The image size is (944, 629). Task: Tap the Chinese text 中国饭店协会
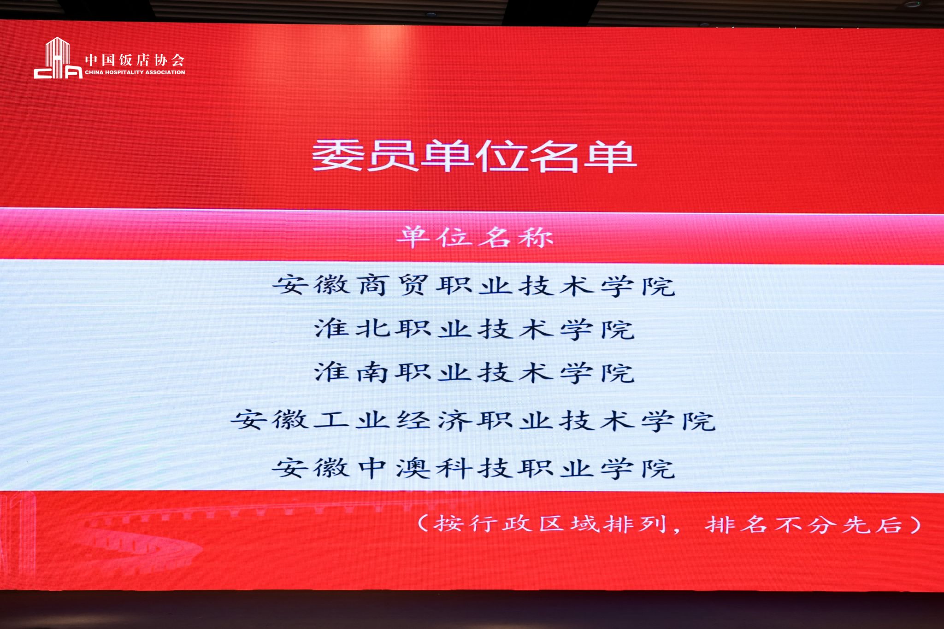[x=135, y=60]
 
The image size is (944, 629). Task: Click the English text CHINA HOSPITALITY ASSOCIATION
[x=135, y=72]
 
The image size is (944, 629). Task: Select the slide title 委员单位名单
[x=474, y=156]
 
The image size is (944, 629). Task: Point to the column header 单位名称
[x=475, y=237]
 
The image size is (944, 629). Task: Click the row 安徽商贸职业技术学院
[x=473, y=285]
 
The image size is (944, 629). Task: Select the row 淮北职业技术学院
[x=475, y=329]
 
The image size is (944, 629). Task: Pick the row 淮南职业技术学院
[x=475, y=372]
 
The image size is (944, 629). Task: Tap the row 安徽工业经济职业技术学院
[x=473, y=420]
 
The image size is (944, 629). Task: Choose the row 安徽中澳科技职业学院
[x=473, y=468]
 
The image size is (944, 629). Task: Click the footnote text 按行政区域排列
[x=550, y=523]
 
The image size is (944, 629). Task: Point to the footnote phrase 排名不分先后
[x=803, y=524]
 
